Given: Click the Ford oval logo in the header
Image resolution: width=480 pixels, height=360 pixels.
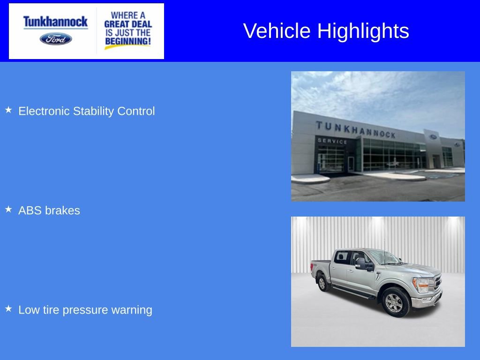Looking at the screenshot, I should pos(56,38).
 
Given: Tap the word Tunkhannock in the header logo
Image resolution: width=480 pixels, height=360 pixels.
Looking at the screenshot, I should pos(55,22).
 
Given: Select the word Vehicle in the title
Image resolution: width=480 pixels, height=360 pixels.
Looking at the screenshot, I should pos(277,31).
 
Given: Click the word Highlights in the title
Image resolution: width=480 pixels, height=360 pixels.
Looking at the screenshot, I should pos(363,31).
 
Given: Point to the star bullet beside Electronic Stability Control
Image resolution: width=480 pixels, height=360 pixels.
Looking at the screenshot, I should pos(8,110).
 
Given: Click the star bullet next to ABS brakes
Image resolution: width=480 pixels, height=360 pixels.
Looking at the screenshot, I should pos(8,210).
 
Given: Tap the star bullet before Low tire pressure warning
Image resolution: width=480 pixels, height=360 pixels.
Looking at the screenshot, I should pos(8,309).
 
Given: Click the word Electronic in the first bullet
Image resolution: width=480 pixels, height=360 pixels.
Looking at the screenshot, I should pos(44,111).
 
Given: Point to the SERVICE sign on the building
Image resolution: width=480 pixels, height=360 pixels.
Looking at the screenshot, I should pos(332,141).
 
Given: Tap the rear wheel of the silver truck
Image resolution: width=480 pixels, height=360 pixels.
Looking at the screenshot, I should pos(322,283).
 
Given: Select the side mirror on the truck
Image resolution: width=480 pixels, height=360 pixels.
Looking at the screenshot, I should pos(361,263).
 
